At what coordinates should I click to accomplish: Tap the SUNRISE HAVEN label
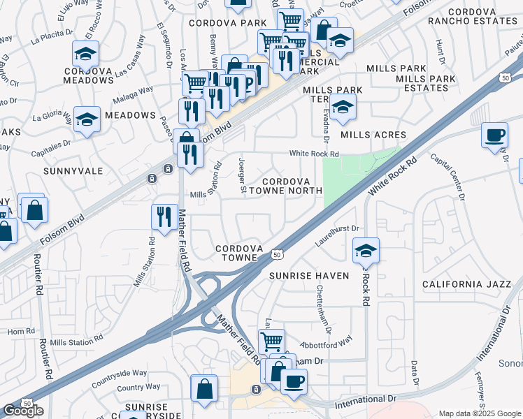pos(309,276)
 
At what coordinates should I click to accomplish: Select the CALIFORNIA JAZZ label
pos(463,284)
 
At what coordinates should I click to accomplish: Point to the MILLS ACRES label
pos(373,135)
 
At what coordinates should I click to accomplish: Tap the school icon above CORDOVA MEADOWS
pos(85,53)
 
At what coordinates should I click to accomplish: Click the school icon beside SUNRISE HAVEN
pos(366,250)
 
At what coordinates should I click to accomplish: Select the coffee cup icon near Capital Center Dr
pos(495,134)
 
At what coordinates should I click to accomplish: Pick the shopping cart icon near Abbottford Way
pos(271,341)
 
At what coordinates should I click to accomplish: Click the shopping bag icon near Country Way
pos(204,390)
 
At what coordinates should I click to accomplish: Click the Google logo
pos(23,411)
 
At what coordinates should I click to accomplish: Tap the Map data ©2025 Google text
pos(480,413)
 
